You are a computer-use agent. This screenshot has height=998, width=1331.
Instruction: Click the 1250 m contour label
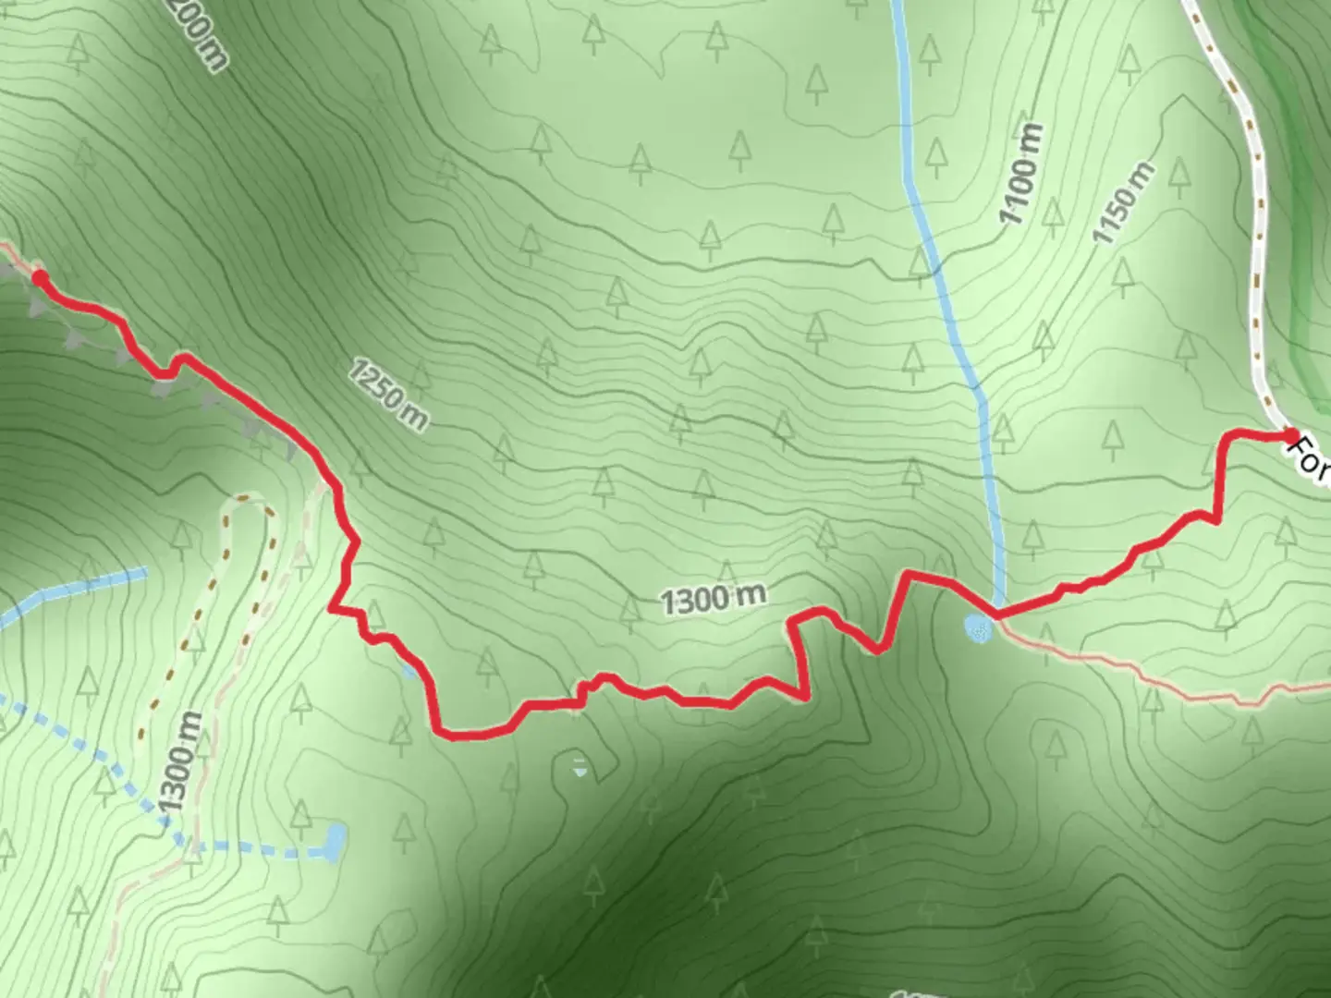pyautogui.click(x=388, y=396)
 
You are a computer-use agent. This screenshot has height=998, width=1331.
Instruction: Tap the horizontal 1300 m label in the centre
pyautogui.click(x=714, y=600)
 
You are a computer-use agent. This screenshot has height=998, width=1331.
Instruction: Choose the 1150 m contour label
pyautogui.click(x=1123, y=203)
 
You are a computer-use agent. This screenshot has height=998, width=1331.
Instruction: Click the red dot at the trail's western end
pyautogui.click(x=39, y=276)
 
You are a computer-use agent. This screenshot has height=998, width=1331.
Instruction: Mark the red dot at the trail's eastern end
pyautogui.click(x=1290, y=433)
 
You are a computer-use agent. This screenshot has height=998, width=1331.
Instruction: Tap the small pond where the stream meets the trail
pyautogui.click(x=978, y=628)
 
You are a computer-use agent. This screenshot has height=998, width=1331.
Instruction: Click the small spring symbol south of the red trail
pyautogui.click(x=579, y=766)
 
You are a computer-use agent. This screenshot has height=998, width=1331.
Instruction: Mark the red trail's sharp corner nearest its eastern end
pyautogui.click(x=1226, y=434)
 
